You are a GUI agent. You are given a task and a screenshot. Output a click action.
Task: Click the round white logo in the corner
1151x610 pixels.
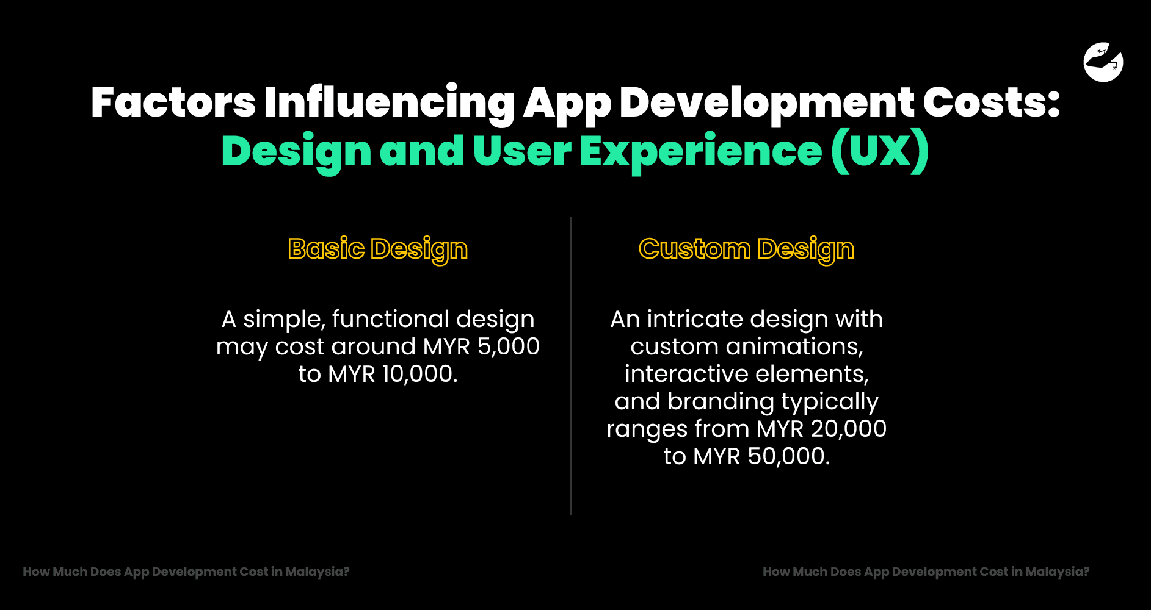[x=1103, y=62]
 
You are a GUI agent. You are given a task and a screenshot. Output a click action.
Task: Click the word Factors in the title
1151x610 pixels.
[x=173, y=102]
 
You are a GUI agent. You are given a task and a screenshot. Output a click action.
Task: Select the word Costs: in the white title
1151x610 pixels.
[x=991, y=102]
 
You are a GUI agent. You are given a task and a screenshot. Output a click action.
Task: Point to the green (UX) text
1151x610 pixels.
[x=880, y=151]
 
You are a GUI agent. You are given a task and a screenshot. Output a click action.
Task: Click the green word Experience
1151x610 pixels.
[x=700, y=151]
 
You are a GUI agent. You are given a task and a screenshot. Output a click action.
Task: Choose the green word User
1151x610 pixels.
[x=522, y=151]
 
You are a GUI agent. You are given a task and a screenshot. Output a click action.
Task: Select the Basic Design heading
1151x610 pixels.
[x=378, y=249]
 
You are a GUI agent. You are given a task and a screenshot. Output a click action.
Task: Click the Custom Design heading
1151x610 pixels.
[x=746, y=249]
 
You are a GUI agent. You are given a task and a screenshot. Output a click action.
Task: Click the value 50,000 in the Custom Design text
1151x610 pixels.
[x=788, y=456]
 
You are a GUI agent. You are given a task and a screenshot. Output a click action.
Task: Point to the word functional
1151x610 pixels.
[x=391, y=319]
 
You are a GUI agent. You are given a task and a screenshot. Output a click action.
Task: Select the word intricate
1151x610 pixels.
[x=695, y=319]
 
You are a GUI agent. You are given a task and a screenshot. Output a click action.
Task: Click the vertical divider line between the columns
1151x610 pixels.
[x=571, y=366]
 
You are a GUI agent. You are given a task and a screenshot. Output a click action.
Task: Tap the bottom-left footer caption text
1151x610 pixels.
[x=186, y=572]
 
